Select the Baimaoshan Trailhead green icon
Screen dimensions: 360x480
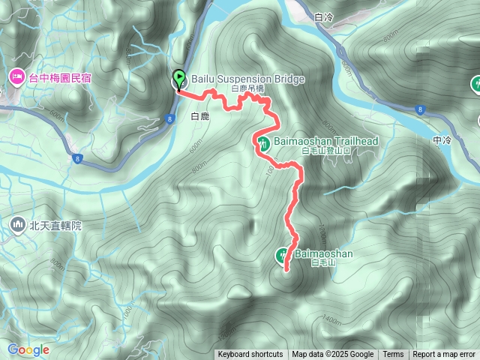[x=262, y=142]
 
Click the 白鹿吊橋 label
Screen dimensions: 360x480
[x=247, y=88]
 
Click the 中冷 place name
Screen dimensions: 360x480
[x=442, y=140]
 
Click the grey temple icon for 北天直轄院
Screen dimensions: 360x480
[x=17, y=224]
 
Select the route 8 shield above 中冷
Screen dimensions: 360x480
[x=421, y=110]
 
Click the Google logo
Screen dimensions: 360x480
[x=28, y=350]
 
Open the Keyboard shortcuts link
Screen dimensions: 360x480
[x=250, y=355]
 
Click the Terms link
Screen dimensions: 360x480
[x=393, y=355]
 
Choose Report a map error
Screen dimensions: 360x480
[x=444, y=355]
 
